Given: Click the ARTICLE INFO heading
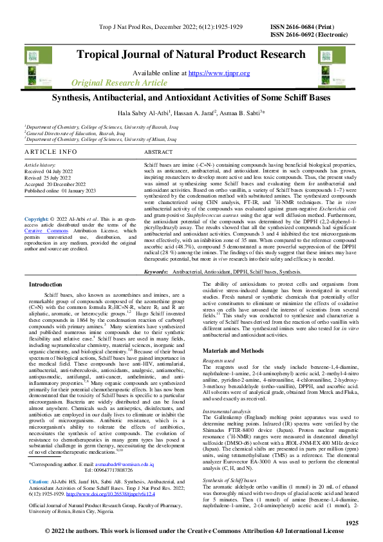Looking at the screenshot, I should coord(49,152).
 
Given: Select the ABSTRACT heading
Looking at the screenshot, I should coord(158,152).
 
